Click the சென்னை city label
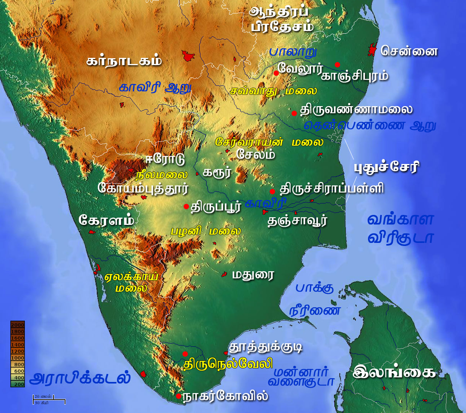[x=409, y=51]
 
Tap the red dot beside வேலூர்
[x=276, y=73]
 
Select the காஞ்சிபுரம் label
[x=355, y=76]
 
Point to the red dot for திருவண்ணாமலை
[x=294, y=113]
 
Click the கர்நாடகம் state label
[x=124, y=61]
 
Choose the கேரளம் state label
[x=106, y=220]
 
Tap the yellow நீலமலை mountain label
[x=161, y=175]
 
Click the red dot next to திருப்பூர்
[x=186, y=206]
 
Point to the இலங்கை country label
[x=394, y=372]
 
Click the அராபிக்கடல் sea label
[x=80, y=379]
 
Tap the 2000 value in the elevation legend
[x=18, y=325]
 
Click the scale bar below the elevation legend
[x=49, y=400]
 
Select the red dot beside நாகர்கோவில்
[x=178, y=396]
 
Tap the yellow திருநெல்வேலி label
[x=228, y=364]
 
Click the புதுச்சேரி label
[x=386, y=167]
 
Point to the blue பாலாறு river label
[x=293, y=52]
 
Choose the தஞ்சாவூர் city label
[x=297, y=221]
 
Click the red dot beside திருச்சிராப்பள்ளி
[x=272, y=191]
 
